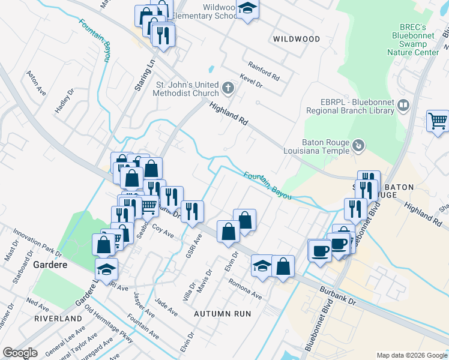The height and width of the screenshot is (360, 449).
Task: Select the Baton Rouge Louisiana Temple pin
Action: pyautogui.click(x=358, y=145)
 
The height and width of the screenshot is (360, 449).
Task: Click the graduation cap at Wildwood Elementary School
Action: pyautogui.click(x=247, y=8)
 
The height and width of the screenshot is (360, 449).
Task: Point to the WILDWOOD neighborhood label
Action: pyautogui.click(x=296, y=39)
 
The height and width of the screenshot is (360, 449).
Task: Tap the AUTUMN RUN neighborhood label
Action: pyautogui.click(x=222, y=313)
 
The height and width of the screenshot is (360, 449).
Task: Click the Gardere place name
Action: pyautogui.click(x=49, y=265)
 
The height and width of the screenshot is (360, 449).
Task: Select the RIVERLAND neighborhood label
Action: pyautogui.click(x=58, y=318)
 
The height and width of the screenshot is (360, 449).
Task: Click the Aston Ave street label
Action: pyautogui.click(x=36, y=83)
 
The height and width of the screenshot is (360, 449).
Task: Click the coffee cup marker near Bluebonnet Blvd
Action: pyautogui.click(x=320, y=250)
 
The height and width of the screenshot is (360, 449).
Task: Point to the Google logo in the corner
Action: pyautogui.click(x=20, y=353)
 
